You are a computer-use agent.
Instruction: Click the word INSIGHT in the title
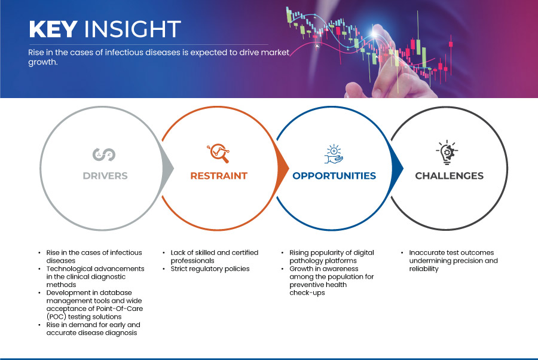pos(132,29)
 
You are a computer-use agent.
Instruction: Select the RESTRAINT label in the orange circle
pos(219,176)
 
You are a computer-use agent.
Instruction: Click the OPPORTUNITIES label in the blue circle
pos(334,176)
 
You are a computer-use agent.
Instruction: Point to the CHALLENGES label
pos(449,176)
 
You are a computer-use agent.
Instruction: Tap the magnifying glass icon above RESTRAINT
pos(218,154)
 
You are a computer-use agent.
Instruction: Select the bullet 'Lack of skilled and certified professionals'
pos(214,257)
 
